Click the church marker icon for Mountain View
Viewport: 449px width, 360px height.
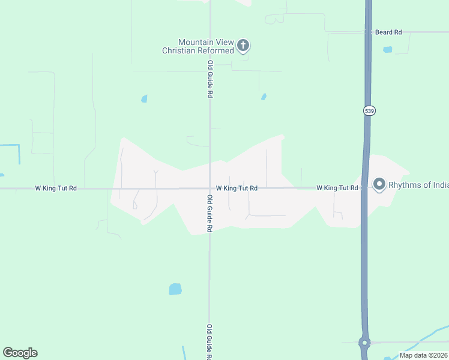(x=243, y=45)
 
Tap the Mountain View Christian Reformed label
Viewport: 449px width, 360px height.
(x=198, y=46)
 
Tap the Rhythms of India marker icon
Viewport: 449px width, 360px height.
(x=379, y=184)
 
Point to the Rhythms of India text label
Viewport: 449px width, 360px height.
(x=418, y=185)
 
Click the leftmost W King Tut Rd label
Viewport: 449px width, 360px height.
(x=56, y=188)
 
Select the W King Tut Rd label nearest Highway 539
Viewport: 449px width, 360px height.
(x=337, y=188)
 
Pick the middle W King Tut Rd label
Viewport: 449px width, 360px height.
(x=237, y=188)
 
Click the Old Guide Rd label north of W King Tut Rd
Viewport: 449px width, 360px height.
(x=210, y=79)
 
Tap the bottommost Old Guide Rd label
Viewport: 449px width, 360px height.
(x=209, y=342)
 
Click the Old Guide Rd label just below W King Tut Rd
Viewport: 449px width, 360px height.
(x=210, y=214)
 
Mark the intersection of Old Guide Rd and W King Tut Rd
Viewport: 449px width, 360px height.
(x=209, y=188)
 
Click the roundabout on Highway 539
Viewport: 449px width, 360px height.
(x=364, y=343)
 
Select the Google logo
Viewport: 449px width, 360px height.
(x=20, y=353)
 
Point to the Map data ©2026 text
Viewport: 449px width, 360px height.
(x=424, y=355)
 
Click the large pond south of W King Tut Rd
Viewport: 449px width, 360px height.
(x=175, y=289)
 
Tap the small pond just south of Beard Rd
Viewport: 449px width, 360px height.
(x=387, y=49)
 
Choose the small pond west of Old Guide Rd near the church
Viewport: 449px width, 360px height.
(x=144, y=98)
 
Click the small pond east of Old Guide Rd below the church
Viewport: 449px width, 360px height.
(x=264, y=96)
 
